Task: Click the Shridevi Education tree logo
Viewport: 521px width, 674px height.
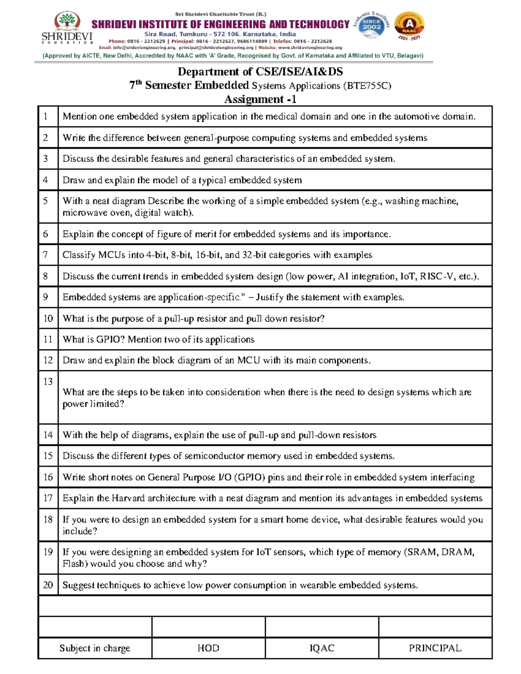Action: point(66,21)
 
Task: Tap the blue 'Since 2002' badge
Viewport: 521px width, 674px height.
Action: point(371,25)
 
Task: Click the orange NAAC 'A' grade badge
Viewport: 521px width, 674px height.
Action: point(409,25)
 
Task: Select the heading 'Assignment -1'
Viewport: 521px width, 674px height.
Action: point(260,99)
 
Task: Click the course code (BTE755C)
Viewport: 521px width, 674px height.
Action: point(367,85)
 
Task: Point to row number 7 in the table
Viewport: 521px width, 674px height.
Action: point(46,255)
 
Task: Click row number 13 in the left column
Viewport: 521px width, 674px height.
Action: point(48,381)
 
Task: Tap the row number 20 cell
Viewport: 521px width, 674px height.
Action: point(48,585)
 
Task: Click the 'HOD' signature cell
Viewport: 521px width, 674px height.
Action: point(208,648)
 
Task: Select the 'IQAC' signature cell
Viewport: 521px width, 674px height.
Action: point(322,648)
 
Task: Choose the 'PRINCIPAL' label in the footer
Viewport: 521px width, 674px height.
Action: point(435,648)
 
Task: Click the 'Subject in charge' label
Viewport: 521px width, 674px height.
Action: point(95,648)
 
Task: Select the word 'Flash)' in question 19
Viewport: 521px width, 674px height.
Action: point(74,564)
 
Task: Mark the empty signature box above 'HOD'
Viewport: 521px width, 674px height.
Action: point(208,627)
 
